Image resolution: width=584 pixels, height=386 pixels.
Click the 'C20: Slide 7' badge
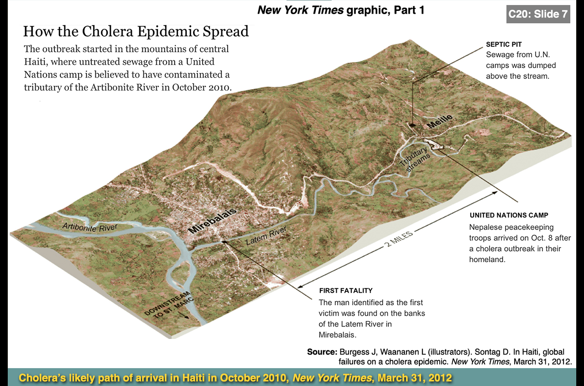[538, 14]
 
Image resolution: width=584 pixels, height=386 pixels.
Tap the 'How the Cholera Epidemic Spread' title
[136, 31]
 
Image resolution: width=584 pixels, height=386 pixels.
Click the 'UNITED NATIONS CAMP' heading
[509, 215]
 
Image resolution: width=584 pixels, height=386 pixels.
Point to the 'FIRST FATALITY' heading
[346, 291]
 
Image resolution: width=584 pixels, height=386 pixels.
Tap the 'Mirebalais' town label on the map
[213, 221]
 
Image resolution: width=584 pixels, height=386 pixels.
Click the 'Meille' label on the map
[440, 121]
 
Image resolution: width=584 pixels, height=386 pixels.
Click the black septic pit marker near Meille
[412, 124]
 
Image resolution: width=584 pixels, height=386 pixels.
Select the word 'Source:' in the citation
[322, 352]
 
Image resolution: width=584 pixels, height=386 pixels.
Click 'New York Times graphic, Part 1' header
[341, 10]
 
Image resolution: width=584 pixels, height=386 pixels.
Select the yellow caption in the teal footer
[235, 378]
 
